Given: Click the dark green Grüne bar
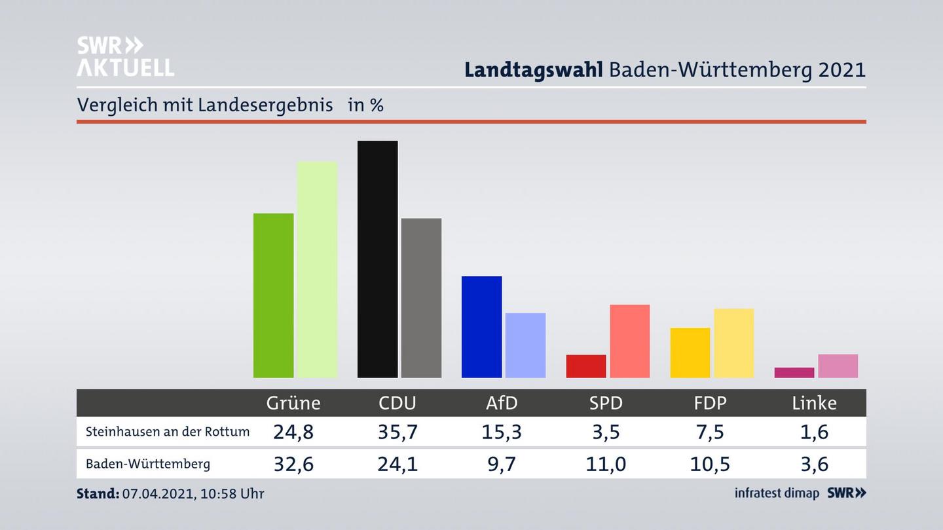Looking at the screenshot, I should tap(273, 295).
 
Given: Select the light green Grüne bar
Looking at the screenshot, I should tap(317, 269).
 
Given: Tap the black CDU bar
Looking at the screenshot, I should tap(377, 259).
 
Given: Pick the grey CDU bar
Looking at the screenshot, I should tap(421, 298).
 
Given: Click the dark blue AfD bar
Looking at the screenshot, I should tap(481, 327).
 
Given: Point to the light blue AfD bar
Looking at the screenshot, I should tap(525, 345).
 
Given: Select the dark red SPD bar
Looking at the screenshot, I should tap(585, 366).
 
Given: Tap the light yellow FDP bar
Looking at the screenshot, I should tap(733, 343).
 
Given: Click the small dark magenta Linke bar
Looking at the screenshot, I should tap(794, 372).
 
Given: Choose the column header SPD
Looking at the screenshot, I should tap(606, 403).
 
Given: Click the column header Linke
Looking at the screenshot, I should tap(814, 403).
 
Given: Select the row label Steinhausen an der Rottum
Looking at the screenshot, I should tap(168, 432).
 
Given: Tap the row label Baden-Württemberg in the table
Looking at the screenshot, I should tap(148, 464).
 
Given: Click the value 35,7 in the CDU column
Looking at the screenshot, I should tap(397, 432).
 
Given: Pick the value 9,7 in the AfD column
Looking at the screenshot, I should tap(502, 464).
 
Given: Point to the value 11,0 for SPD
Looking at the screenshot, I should tap(606, 464).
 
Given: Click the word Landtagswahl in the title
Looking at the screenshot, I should tap(533, 70).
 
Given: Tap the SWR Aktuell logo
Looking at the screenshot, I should tap(125, 56).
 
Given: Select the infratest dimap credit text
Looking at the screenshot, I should tap(777, 493).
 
